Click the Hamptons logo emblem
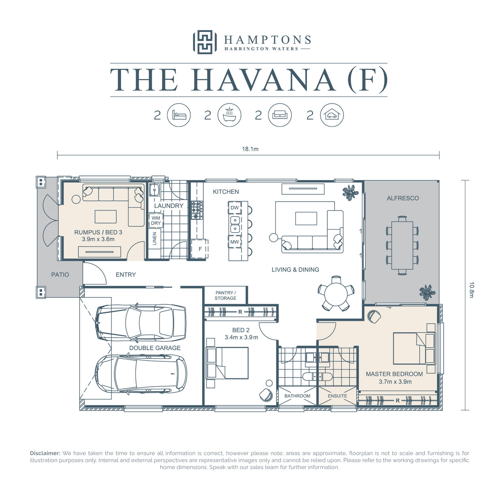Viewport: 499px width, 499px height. click(205, 42)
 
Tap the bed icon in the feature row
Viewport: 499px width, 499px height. click(179, 115)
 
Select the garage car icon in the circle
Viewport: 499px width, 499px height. click(332, 115)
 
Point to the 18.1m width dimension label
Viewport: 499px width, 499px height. click(250, 149)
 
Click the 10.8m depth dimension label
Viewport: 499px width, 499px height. click(471, 290)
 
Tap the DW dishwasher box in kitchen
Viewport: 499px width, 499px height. click(235, 208)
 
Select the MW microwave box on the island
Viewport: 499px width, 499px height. click(235, 242)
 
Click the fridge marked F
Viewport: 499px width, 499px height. click(200, 249)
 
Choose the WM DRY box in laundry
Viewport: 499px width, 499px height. click(156, 220)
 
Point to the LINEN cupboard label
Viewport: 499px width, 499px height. click(155, 239)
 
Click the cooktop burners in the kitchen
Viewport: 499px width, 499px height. click(197, 210)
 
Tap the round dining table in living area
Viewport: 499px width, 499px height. click(336, 294)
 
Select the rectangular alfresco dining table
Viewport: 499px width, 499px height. click(402, 245)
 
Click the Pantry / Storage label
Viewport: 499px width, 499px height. click(225, 295)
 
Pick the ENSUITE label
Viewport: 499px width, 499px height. click(337, 396)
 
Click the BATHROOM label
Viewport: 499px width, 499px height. click(297, 396)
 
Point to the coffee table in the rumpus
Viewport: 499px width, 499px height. click(105, 217)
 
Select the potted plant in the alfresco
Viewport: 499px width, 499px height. click(427, 292)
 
